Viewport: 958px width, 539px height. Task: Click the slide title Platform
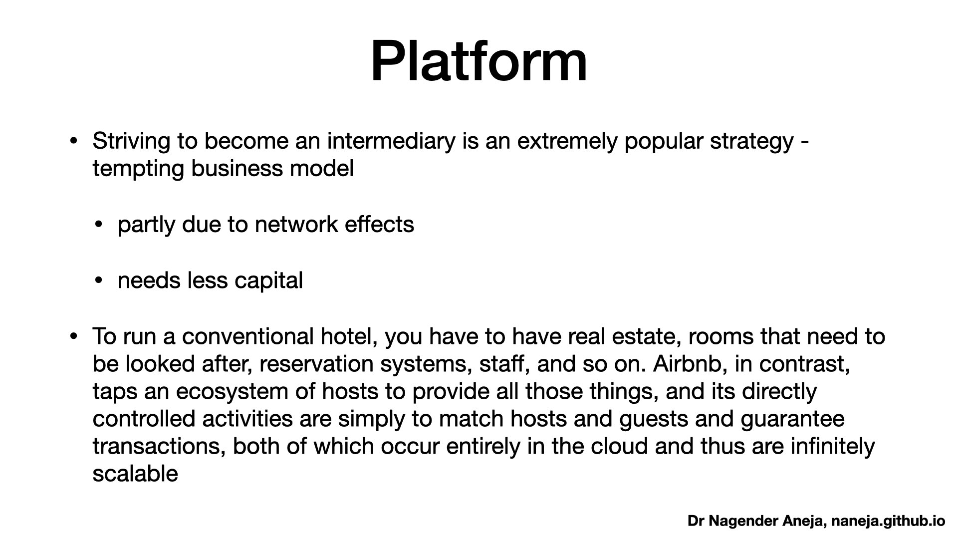pyautogui.click(x=479, y=61)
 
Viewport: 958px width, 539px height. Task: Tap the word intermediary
pyautogui.click(x=391, y=142)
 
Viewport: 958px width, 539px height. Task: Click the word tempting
pyautogui.click(x=138, y=169)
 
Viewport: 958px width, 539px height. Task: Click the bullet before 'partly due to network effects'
pyautogui.click(x=99, y=226)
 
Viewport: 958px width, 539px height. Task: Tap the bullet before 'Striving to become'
pyautogui.click(x=74, y=142)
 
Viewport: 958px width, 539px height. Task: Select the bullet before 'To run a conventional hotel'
pyautogui.click(x=74, y=337)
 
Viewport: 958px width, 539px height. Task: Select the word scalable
pyautogui.click(x=135, y=474)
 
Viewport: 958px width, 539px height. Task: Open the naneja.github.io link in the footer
pyautogui.click(x=888, y=522)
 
